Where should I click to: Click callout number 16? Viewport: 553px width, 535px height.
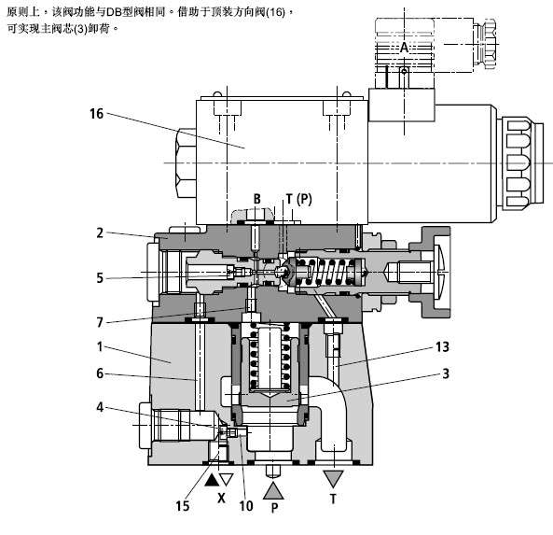click(96, 114)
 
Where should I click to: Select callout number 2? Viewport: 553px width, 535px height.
click(100, 233)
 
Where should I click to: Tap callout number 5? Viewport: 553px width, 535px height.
click(100, 278)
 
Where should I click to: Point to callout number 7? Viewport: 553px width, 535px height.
click(100, 322)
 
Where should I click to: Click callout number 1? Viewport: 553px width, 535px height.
click(100, 346)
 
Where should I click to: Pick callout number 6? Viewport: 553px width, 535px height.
click(100, 373)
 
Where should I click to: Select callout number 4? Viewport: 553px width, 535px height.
click(100, 407)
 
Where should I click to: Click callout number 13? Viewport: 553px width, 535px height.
click(442, 346)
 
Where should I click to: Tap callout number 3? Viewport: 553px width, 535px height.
click(446, 373)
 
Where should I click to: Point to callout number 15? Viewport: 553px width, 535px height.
click(183, 506)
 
